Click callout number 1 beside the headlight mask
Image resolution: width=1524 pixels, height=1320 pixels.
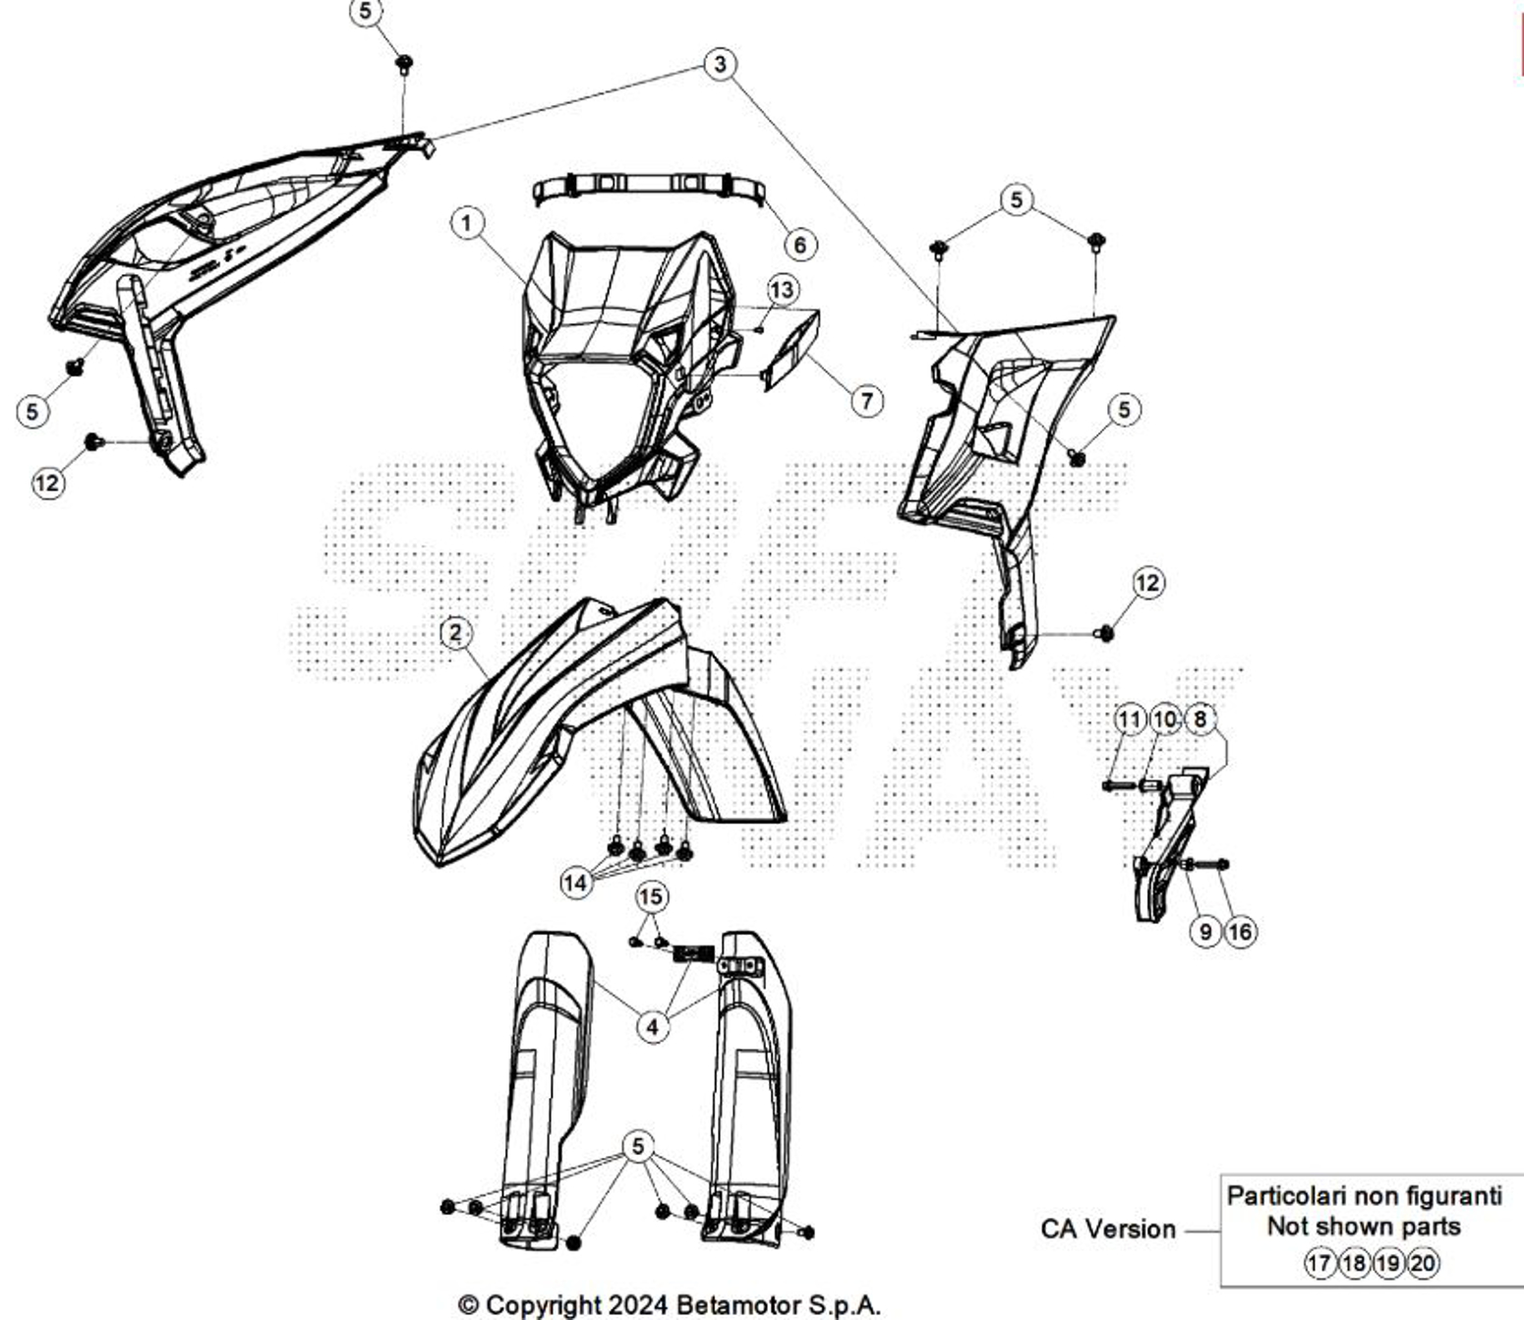pyautogui.click(x=467, y=222)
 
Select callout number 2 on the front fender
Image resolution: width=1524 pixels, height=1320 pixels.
pyautogui.click(x=455, y=632)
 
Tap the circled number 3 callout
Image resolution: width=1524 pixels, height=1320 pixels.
pyautogui.click(x=720, y=64)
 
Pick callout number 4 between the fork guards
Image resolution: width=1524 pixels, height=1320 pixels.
pyautogui.click(x=653, y=1026)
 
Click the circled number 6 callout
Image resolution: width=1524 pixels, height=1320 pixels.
pyautogui.click(x=800, y=244)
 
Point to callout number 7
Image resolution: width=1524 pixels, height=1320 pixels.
pyautogui.click(x=867, y=401)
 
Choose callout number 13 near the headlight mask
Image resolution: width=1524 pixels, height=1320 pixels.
pyautogui.click(x=783, y=290)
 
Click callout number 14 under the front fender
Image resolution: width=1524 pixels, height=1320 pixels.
pyautogui.click(x=576, y=883)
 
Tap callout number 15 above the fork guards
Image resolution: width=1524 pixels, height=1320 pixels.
pyautogui.click(x=651, y=896)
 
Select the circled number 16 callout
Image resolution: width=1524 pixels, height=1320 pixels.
pyautogui.click(x=1240, y=932)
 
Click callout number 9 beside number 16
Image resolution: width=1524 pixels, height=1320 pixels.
pyautogui.click(x=1205, y=932)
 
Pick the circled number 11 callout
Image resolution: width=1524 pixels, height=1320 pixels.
pyautogui.click(x=1130, y=719)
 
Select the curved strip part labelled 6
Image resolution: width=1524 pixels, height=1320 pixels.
pyautogui.click(x=649, y=190)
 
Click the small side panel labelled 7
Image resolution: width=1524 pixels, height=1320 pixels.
pyautogui.click(x=791, y=350)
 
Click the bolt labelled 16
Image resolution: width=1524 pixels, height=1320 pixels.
pyautogui.click(x=1206, y=864)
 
